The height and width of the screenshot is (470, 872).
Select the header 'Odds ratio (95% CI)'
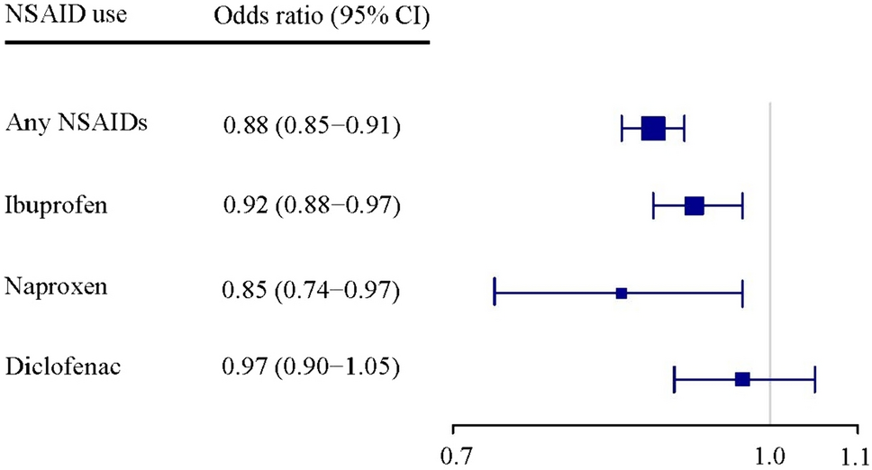319,16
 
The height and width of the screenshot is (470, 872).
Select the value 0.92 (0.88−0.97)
311,206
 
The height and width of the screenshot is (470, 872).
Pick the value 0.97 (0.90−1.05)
311,368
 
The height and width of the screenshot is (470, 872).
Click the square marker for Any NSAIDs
653,129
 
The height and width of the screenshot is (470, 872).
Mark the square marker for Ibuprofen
694,206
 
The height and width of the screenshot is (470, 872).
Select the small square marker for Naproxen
622,293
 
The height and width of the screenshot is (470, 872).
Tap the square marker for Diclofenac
742,379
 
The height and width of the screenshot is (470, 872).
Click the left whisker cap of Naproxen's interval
495,293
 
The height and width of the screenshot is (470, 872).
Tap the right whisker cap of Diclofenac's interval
814,379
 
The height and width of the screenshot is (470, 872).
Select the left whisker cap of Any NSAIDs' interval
622,129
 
